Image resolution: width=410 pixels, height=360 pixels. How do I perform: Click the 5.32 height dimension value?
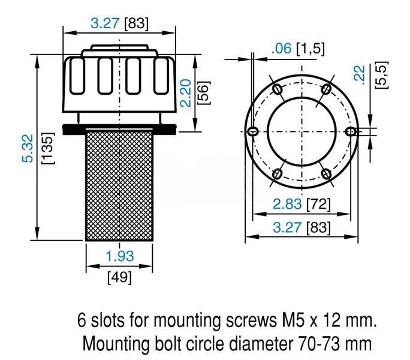coord(28,148)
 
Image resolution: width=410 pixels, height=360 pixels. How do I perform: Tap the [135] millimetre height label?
coord(49,148)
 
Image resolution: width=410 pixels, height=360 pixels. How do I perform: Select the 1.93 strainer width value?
coord(120,256)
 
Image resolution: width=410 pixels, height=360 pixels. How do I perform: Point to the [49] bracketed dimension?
coord(119,277)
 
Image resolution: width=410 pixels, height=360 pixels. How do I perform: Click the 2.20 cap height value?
coord(186,93)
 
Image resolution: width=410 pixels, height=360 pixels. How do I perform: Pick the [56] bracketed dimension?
coord(203,93)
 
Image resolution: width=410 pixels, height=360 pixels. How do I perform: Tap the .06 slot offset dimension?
coord(281,49)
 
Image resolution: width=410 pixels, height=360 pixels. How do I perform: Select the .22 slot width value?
coord(359,75)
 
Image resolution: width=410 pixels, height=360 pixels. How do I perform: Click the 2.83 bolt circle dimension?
coord(287,204)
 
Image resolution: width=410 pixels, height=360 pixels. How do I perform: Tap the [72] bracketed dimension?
coord(318,204)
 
